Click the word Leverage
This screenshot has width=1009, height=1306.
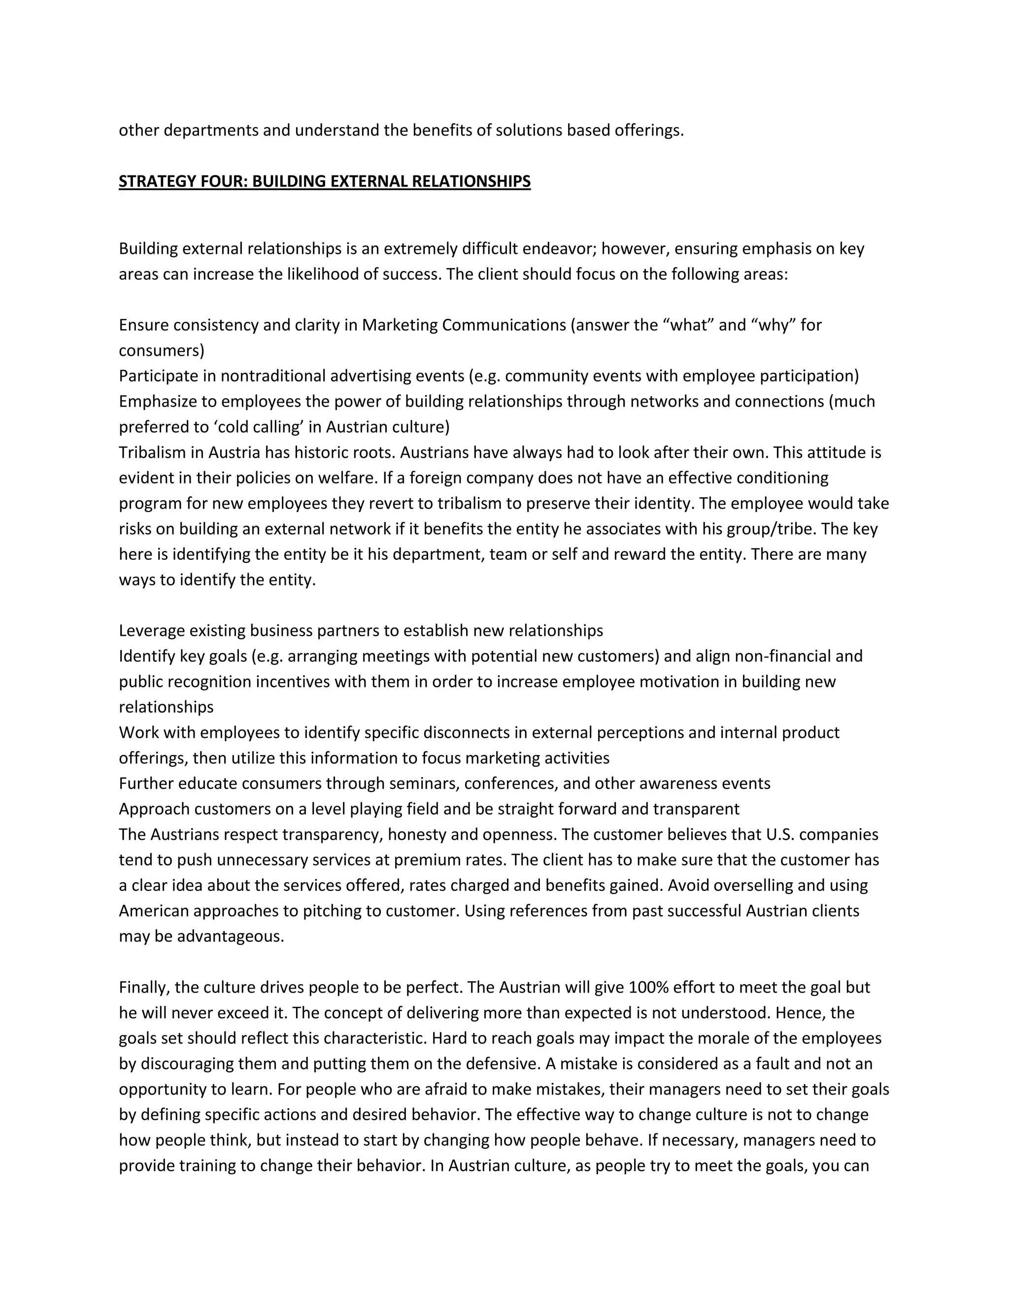(x=151, y=630)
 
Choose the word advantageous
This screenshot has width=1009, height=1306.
(x=230, y=936)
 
